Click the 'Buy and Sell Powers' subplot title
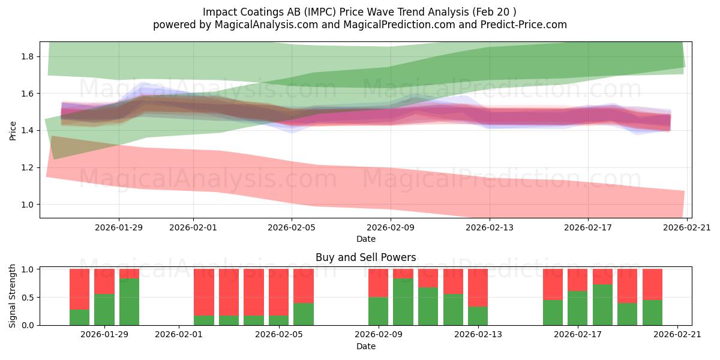click(x=365, y=257)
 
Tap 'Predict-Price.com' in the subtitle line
click(x=522, y=25)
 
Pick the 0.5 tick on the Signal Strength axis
click(x=28, y=298)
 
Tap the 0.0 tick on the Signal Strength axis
click(x=28, y=325)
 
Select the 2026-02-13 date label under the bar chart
click(x=478, y=335)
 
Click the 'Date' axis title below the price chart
click(x=365, y=239)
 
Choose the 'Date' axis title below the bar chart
click(x=365, y=346)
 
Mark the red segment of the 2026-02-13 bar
click(x=478, y=287)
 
